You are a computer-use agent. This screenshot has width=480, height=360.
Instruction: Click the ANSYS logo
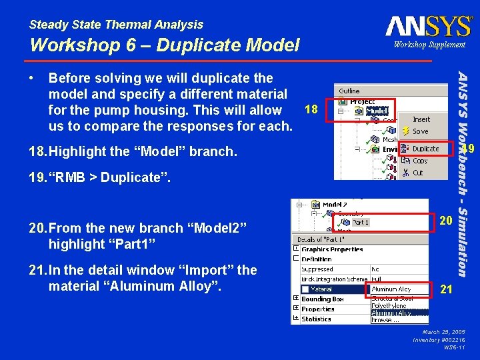(429, 26)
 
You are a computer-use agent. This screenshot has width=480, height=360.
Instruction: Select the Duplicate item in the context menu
(425, 149)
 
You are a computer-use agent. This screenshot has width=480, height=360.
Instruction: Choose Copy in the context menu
(420, 161)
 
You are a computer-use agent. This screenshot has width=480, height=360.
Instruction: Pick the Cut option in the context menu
(418, 173)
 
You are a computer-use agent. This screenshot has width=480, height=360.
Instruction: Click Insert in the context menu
(421, 119)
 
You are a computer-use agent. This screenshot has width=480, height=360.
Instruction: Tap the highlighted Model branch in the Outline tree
(377, 111)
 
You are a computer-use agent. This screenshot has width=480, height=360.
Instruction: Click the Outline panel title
(349, 91)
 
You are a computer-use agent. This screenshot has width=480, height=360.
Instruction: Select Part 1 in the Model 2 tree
(361, 222)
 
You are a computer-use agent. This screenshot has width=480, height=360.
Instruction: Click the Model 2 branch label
(335, 205)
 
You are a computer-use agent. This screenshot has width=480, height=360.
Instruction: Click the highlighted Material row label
(321, 289)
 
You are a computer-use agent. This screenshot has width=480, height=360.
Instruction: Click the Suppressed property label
(317, 269)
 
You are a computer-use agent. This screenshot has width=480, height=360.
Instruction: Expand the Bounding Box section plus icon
(296, 299)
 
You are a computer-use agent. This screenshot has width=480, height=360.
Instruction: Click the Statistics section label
(316, 319)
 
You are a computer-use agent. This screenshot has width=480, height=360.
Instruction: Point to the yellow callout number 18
(311, 108)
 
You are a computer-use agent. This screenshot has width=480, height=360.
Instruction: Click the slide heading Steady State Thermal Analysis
(116, 25)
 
